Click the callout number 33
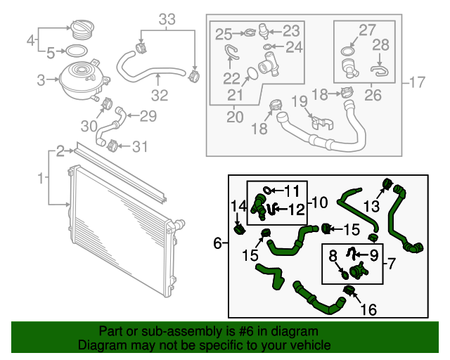(x=166, y=20)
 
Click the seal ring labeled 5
(x=76, y=51)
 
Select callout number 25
(x=223, y=33)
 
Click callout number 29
(x=147, y=116)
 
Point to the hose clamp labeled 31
(x=110, y=146)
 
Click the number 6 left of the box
(x=217, y=243)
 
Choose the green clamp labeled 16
(x=348, y=290)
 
